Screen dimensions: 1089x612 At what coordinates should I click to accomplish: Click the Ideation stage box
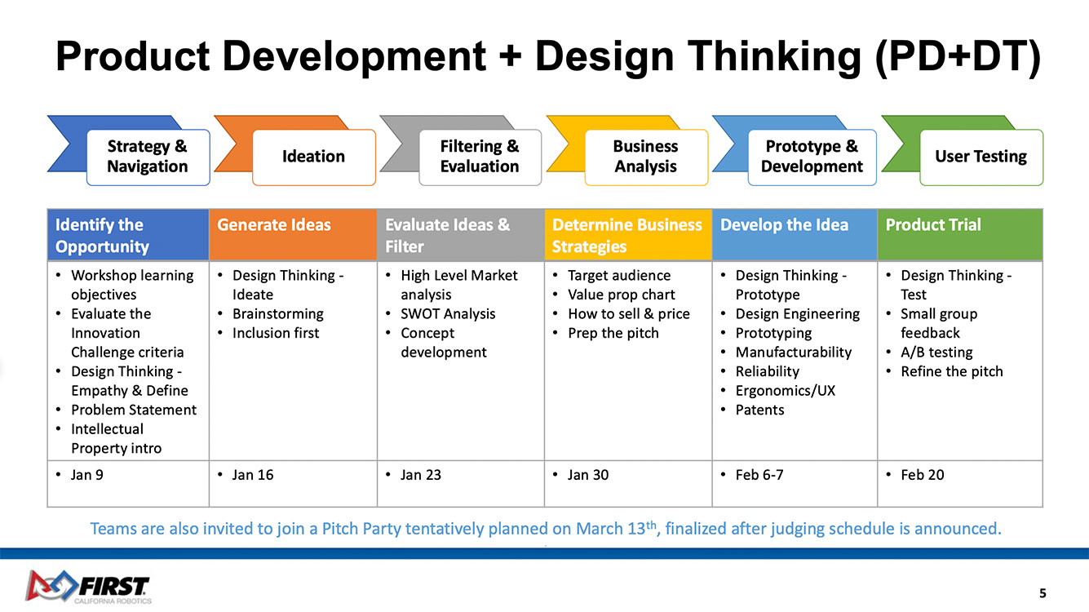tap(314, 157)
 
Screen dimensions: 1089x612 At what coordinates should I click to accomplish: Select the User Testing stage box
tap(981, 157)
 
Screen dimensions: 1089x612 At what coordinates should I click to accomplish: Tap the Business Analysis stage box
tap(646, 157)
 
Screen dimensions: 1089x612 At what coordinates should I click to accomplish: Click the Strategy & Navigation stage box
tap(148, 157)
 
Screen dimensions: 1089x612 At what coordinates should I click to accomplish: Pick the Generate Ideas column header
tap(293, 235)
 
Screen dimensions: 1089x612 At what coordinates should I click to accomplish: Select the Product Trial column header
tap(960, 235)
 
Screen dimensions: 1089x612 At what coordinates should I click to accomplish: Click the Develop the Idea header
tap(795, 235)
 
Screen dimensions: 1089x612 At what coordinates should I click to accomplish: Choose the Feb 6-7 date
tap(759, 475)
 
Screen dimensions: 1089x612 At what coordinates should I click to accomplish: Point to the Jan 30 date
tap(588, 475)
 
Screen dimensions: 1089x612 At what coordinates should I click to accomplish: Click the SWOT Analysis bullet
tap(448, 314)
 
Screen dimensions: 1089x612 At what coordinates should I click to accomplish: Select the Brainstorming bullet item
tap(278, 314)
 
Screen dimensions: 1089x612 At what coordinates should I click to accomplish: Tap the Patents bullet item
tap(760, 410)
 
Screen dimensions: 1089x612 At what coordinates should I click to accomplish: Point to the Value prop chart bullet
tap(622, 295)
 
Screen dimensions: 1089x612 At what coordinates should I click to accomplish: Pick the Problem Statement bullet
tap(134, 410)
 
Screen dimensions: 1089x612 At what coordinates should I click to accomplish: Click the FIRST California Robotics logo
tap(88, 587)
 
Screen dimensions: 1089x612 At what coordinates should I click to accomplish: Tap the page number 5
tap(1043, 593)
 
